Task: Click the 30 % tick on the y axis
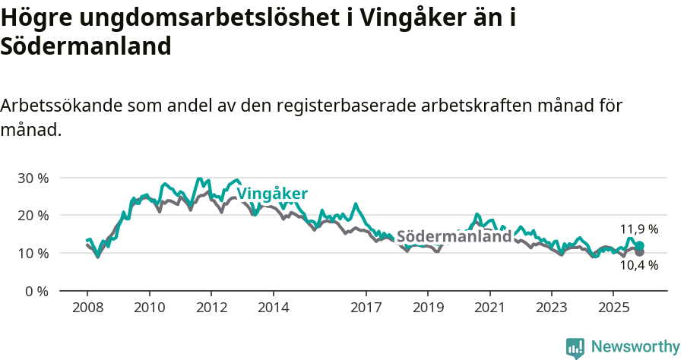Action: [32, 178]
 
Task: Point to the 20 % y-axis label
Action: [32, 216]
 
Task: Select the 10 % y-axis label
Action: [32, 253]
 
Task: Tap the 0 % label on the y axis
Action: [36, 291]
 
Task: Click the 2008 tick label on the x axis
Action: [87, 308]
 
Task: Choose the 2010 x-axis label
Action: [150, 308]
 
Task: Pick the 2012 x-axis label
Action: [211, 308]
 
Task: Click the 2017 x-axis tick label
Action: [366, 308]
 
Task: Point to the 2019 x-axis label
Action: [428, 308]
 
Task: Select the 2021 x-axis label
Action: [490, 308]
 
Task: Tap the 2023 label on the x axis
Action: [552, 308]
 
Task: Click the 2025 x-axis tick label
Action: [613, 308]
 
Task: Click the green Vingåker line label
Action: [272, 194]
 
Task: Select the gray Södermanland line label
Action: [454, 236]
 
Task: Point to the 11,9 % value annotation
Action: [639, 229]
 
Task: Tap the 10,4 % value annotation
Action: [639, 265]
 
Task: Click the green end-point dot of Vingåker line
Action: [639, 246]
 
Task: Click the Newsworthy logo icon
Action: [575, 347]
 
